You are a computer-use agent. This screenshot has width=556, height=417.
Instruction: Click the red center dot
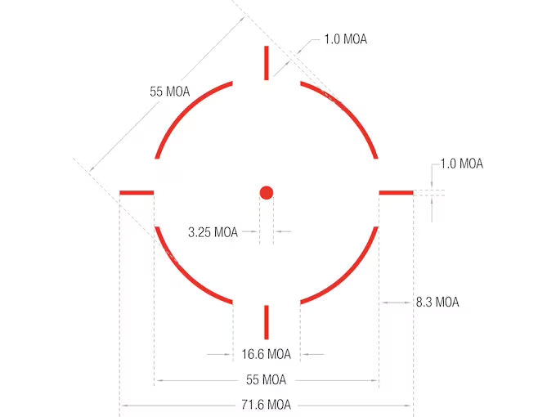[x=267, y=193]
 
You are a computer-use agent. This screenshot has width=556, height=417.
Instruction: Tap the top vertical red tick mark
[x=267, y=63]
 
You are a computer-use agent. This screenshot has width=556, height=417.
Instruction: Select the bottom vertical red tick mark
[x=267, y=322]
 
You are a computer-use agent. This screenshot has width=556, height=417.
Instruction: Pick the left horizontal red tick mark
[x=137, y=193]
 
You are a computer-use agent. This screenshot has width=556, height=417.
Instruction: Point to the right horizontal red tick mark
[x=396, y=193]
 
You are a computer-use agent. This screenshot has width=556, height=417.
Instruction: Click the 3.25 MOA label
[x=213, y=232]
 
